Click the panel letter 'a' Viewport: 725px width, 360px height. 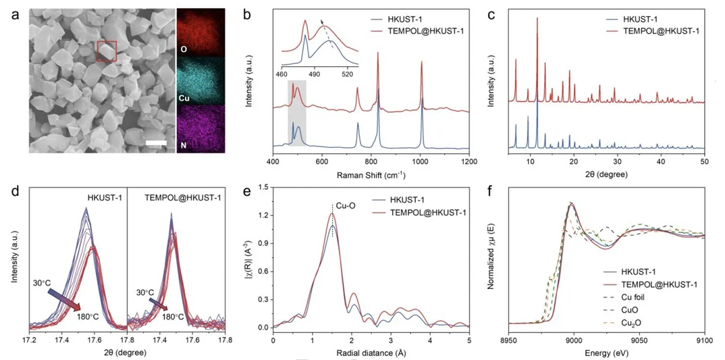point(15,13)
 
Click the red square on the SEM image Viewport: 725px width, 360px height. point(107,51)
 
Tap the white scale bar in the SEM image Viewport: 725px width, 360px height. point(155,143)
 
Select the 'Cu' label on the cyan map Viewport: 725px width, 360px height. point(183,99)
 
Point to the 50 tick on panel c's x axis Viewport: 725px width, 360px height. point(704,163)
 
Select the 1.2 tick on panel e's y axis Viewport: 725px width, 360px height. point(260,215)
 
